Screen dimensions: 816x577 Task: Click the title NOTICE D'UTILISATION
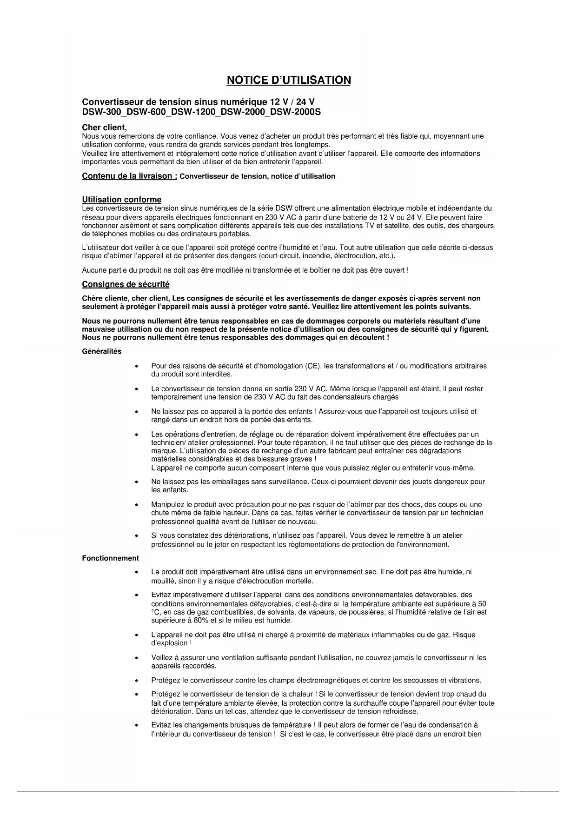[x=288, y=80]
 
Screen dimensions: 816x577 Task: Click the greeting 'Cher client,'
[x=104, y=127]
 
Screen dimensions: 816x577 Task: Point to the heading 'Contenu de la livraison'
[x=129, y=176]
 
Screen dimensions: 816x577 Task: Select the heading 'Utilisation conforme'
[x=122, y=200]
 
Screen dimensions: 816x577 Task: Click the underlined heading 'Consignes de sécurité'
[x=126, y=284]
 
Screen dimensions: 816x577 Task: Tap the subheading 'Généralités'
[x=101, y=351]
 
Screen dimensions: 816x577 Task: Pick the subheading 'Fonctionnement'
[x=110, y=558]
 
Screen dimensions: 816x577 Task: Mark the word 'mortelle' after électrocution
[x=300, y=581]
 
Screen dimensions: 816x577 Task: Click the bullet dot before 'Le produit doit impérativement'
[x=136, y=572]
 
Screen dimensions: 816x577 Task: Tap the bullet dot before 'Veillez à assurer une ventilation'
[x=136, y=658]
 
